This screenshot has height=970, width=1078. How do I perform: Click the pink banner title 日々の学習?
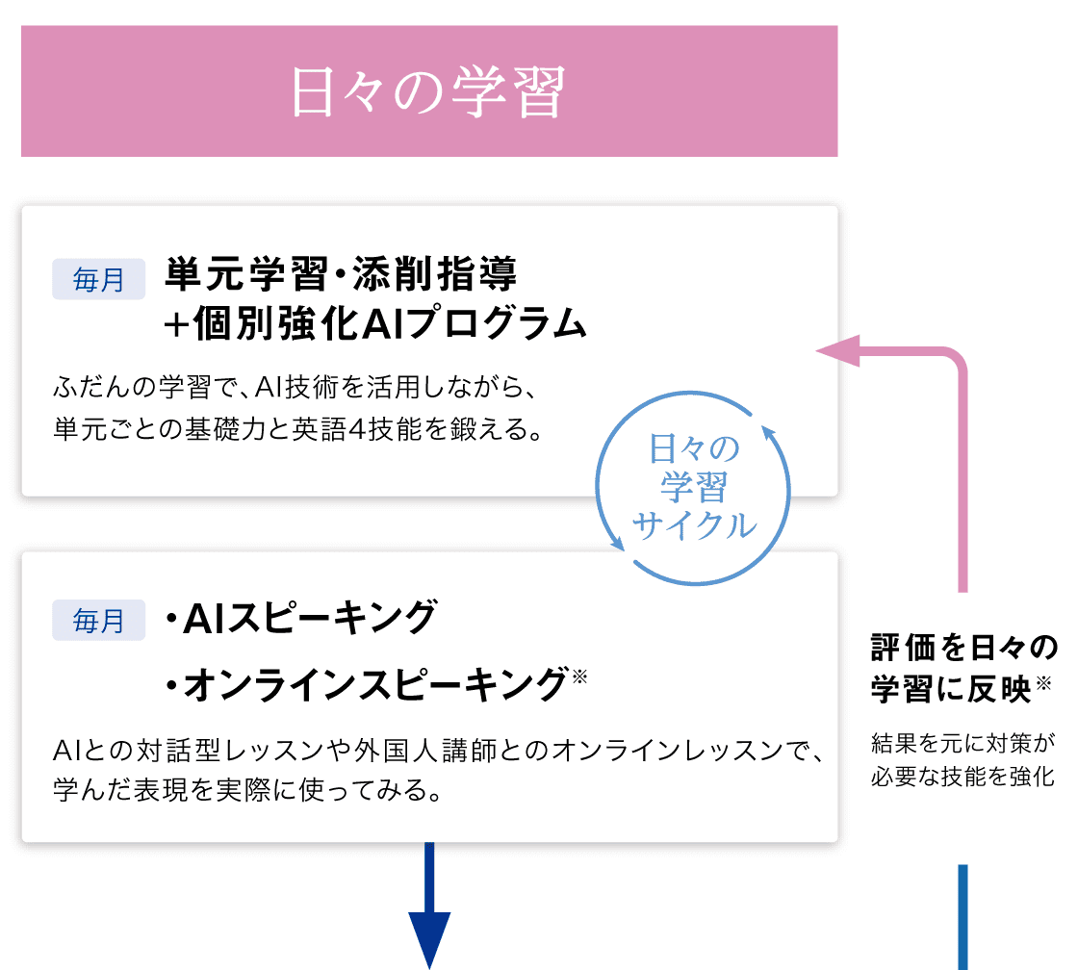point(428,91)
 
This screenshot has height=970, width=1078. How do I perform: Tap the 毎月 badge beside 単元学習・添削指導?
point(98,280)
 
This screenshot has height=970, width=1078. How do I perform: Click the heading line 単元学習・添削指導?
point(342,275)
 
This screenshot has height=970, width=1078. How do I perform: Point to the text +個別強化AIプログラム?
point(374,324)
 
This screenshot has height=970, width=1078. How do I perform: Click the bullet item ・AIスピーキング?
point(299,617)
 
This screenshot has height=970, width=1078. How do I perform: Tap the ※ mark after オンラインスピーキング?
point(578,676)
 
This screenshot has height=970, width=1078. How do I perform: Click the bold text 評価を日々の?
point(963,648)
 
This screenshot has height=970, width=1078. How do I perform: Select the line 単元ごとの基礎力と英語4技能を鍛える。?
point(297,428)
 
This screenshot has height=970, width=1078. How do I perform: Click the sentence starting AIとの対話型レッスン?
point(439,752)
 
